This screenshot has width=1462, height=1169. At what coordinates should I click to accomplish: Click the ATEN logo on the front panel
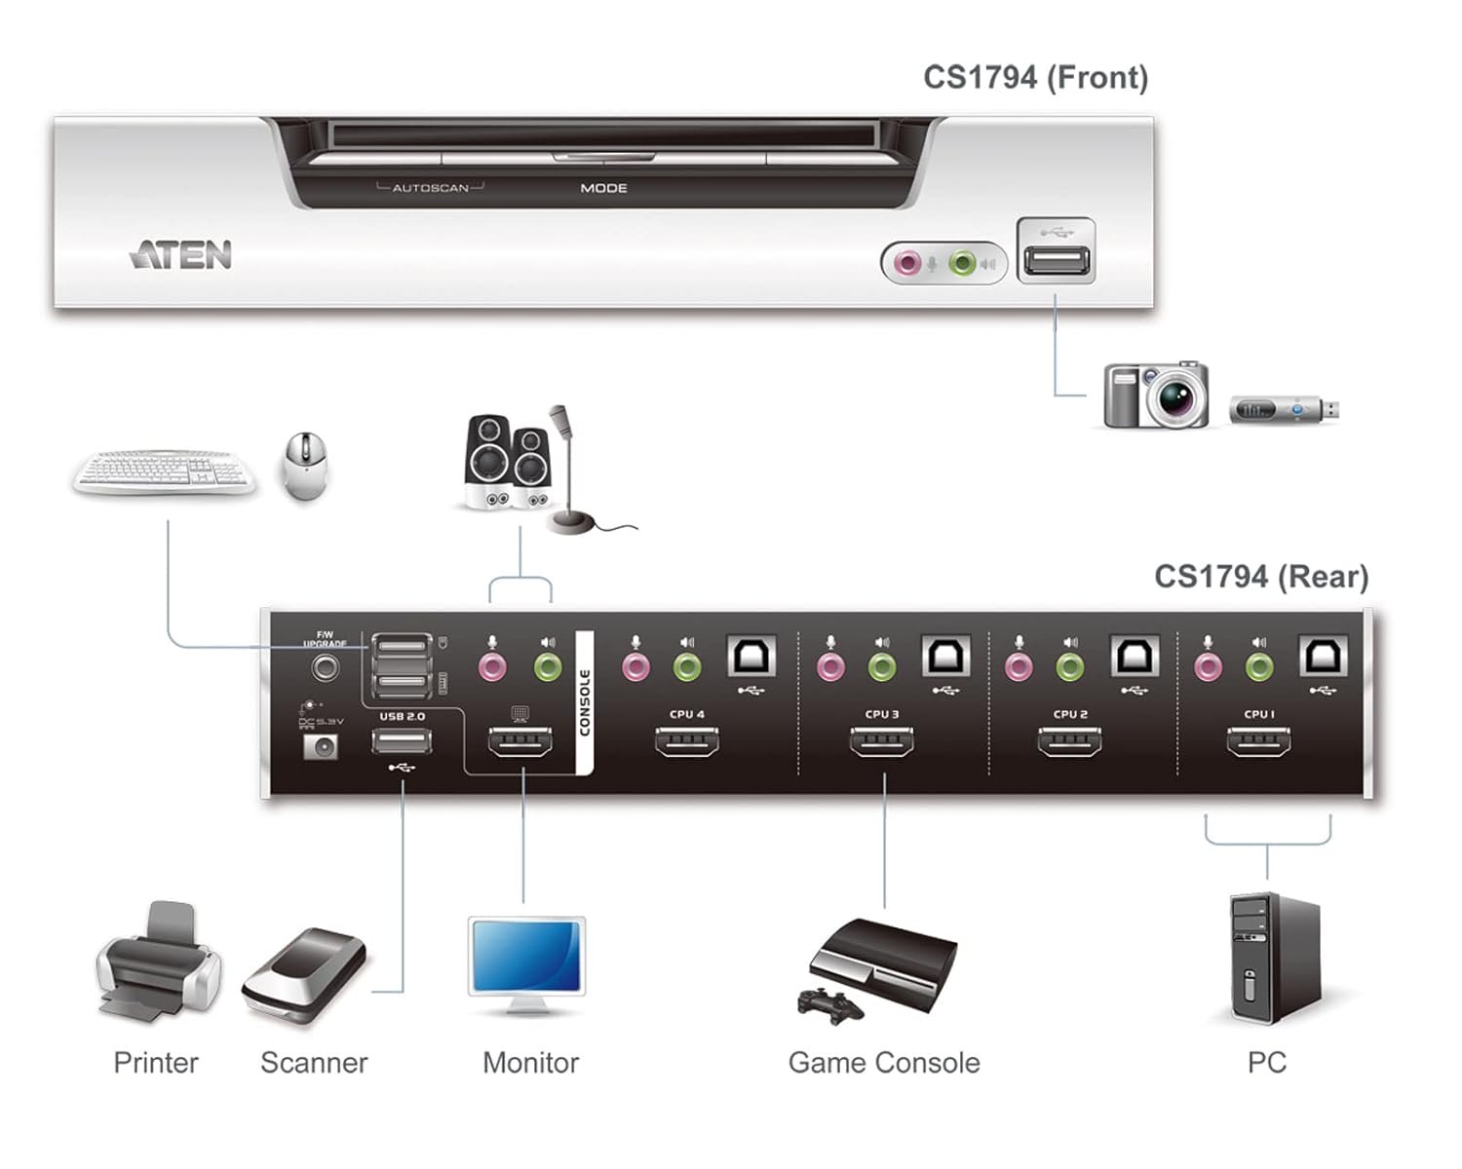[x=181, y=255]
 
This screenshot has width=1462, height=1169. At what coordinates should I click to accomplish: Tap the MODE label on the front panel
[x=603, y=188]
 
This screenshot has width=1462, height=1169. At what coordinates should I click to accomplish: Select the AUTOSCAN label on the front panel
[x=430, y=188]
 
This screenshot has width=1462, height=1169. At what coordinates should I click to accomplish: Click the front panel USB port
[x=1056, y=260]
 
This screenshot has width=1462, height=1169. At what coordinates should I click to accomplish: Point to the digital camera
[x=1157, y=395]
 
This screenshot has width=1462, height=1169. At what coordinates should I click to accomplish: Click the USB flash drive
[x=1283, y=409]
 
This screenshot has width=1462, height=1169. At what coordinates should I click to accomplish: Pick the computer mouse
[x=305, y=466]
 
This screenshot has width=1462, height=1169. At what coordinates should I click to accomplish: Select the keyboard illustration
[x=165, y=472]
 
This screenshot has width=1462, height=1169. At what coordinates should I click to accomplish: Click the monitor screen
[x=526, y=955]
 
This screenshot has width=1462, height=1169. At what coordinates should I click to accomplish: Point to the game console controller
[x=830, y=1004]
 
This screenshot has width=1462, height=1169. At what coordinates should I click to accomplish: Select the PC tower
[x=1274, y=960]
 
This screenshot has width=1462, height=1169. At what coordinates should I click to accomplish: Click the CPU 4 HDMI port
[x=687, y=743]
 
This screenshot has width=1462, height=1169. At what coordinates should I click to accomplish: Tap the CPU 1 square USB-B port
[x=1324, y=657]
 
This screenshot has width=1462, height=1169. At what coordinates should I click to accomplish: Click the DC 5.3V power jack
[x=321, y=747]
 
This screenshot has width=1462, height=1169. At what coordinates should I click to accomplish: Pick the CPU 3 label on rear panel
[x=882, y=714]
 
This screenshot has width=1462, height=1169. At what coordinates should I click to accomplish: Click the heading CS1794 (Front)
[x=1035, y=78]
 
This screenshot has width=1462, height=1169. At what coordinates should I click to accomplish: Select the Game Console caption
[x=884, y=1063]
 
